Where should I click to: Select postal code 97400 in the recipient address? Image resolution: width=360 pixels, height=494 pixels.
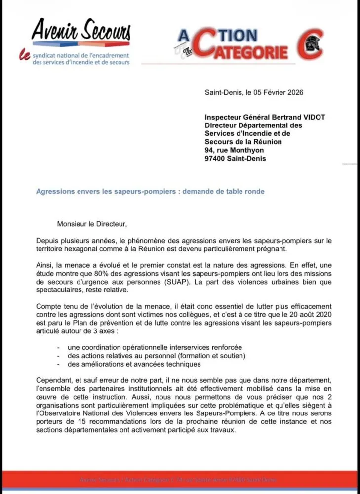pos(215,159)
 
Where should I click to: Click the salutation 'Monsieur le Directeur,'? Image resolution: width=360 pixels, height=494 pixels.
pos(92,224)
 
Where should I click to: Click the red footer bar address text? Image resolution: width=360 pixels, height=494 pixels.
pos(179,480)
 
